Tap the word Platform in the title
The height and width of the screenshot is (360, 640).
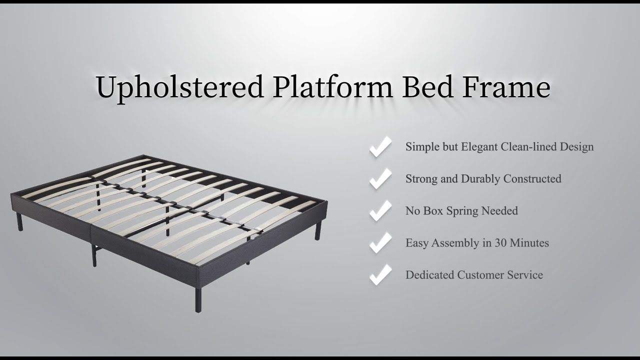point(333,87)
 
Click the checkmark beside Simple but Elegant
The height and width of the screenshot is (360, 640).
point(380,147)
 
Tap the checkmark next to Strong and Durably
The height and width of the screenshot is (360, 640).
point(380,179)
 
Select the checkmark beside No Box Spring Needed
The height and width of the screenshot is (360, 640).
point(380,211)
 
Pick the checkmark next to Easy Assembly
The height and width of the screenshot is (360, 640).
point(380,243)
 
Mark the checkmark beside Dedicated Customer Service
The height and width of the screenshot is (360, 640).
point(380,275)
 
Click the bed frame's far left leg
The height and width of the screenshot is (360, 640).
point(19,221)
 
